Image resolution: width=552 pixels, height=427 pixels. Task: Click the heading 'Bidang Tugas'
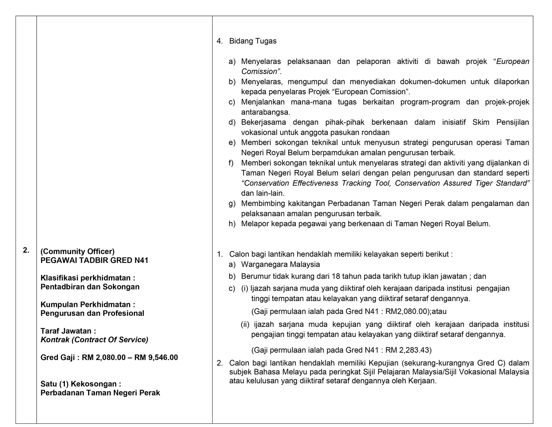[x=253, y=41]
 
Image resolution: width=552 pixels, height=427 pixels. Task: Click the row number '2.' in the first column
[x=26, y=250]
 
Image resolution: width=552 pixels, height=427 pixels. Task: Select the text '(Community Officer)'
[x=77, y=251]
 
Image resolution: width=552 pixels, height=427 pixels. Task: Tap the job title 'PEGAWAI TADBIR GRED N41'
[x=94, y=260]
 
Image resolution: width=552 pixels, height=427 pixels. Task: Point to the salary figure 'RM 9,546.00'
[x=156, y=357]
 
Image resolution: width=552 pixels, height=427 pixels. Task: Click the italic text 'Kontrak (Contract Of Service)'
[x=94, y=340]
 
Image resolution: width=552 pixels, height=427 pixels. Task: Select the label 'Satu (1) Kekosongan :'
[x=81, y=384]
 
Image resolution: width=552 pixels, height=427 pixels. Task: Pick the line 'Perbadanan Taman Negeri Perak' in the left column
[x=100, y=393]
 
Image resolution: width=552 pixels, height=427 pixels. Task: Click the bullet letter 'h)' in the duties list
[x=232, y=224]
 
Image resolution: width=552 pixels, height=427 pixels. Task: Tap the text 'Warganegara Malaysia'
[x=280, y=264]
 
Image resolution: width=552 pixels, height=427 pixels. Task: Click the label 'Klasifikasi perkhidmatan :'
[x=88, y=278]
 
